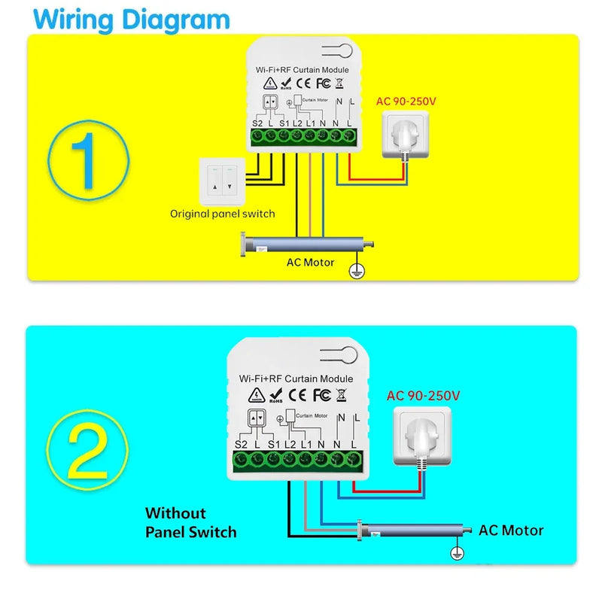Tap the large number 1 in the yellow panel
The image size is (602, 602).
(88, 158)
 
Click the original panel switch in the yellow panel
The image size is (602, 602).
(221, 181)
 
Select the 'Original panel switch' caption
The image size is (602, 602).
(222, 214)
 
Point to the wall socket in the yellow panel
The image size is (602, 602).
(405, 135)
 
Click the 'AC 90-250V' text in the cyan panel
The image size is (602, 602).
(423, 395)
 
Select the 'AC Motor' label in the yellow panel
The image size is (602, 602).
(311, 263)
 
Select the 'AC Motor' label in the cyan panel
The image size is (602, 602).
(511, 531)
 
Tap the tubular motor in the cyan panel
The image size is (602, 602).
(413, 531)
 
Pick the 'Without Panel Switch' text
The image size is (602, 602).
(190, 523)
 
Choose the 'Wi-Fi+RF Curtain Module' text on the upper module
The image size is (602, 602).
(303, 69)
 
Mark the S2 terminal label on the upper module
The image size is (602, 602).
(257, 123)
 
